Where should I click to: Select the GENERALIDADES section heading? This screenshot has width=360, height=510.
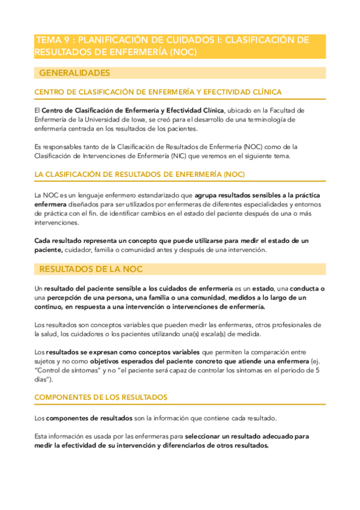tap(75, 73)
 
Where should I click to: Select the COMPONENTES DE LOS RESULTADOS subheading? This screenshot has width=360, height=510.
tap(101, 397)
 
